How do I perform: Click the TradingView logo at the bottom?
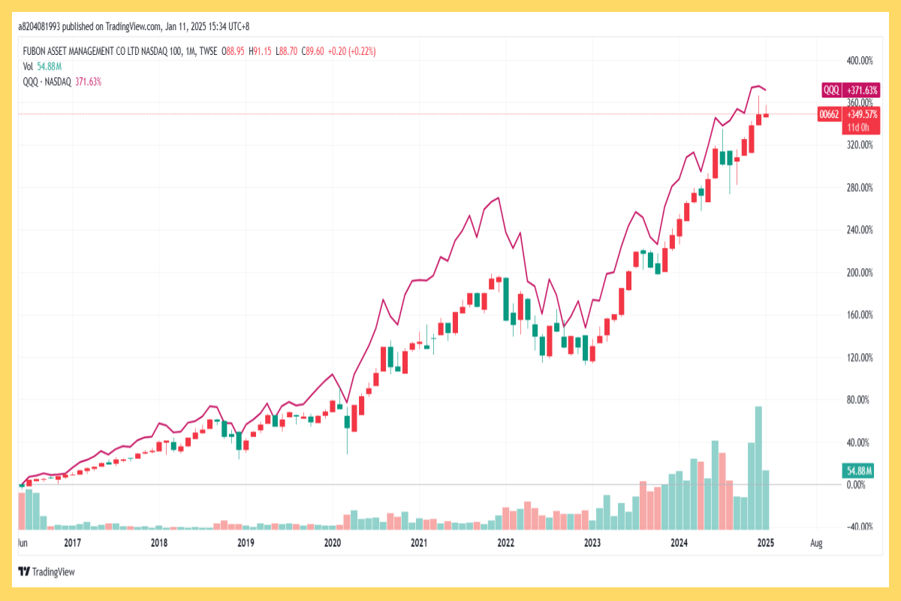pyautogui.click(x=47, y=572)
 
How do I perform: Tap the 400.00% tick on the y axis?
pyautogui.click(x=859, y=60)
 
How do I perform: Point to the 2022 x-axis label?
pyautogui.click(x=505, y=542)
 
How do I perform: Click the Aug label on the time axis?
pyautogui.click(x=817, y=542)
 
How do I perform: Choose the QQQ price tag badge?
pyautogui.click(x=831, y=90)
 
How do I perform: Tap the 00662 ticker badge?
pyautogui.click(x=828, y=115)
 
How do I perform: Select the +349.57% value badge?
pyautogui.click(x=861, y=115)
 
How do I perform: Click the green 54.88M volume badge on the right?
pyautogui.click(x=859, y=471)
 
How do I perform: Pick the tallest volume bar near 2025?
pyautogui.click(x=758, y=466)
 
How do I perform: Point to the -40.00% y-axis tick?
pyautogui.click(x=859, y=527)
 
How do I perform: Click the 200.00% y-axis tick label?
pyautogui.click(x=859, y=273)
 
